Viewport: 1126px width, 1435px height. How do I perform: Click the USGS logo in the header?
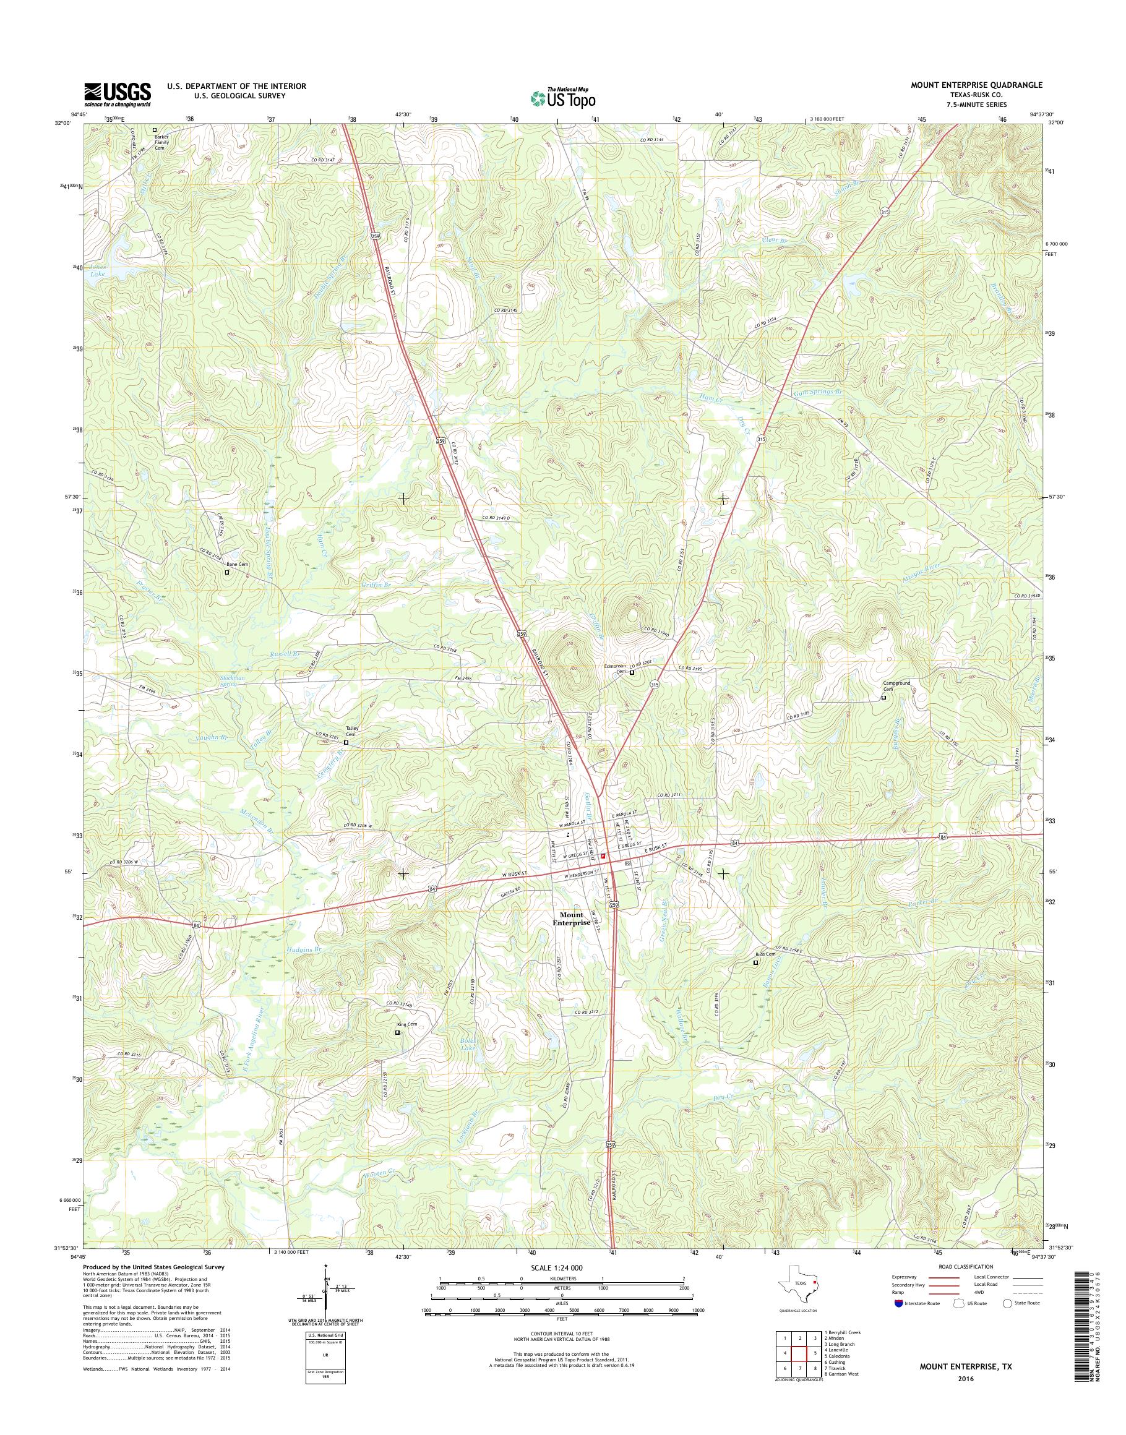click(118, 95)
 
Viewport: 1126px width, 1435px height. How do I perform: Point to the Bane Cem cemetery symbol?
click(227, 572)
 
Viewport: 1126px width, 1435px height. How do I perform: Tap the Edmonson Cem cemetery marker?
click(632, 673)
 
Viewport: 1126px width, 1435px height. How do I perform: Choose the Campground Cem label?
click(896, 686)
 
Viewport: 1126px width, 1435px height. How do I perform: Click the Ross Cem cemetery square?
click(755, 962)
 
